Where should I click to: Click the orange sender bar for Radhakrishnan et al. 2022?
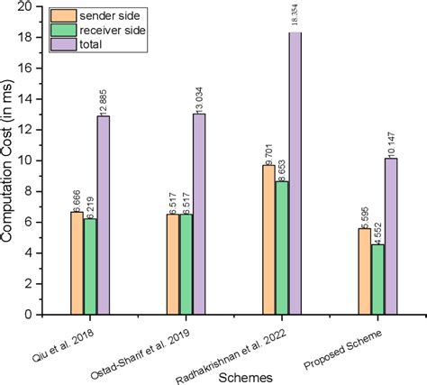pyautogui.click(x=268, y=239)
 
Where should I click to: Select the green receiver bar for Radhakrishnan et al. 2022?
pyautogui.click(x=281, y=247)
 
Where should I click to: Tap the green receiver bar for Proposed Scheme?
pyautogui.click(x=377, y=279)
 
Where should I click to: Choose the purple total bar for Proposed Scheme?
pyautogui.click(x=391, y=236)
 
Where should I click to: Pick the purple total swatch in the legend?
pyautogui.click(x=64, y=46)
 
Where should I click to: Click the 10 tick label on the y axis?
pyautogui.click(x=33, y=160)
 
